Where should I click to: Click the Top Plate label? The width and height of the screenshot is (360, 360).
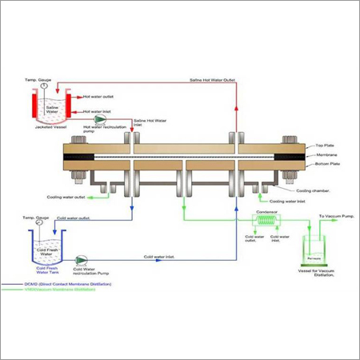321,146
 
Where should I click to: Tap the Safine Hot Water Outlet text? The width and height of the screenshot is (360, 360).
212,80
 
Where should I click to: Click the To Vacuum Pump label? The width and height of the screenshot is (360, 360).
335,217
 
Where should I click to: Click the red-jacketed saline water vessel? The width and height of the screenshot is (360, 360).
50,105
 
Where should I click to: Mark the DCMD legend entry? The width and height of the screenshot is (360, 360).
56,284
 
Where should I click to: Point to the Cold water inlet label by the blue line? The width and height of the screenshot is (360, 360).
160,257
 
